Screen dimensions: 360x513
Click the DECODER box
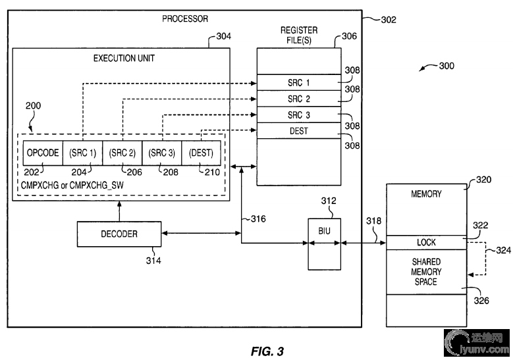119,233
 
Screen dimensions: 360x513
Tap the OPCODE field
43,153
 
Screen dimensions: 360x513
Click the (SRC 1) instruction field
82,153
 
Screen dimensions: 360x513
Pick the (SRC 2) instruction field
122,153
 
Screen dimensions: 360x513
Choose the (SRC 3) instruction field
162,153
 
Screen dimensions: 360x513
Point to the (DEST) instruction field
201,153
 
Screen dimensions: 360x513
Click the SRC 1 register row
299,83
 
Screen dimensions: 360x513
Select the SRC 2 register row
299,99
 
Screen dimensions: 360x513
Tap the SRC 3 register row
299,115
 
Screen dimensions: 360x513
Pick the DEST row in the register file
299,131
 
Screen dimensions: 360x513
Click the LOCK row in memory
427,242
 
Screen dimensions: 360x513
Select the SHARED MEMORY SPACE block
427,272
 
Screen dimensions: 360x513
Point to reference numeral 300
446,66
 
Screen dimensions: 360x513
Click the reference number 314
153,261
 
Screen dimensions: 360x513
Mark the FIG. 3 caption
267,351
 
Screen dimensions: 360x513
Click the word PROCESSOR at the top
185,18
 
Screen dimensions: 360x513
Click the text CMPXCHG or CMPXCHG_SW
72,184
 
